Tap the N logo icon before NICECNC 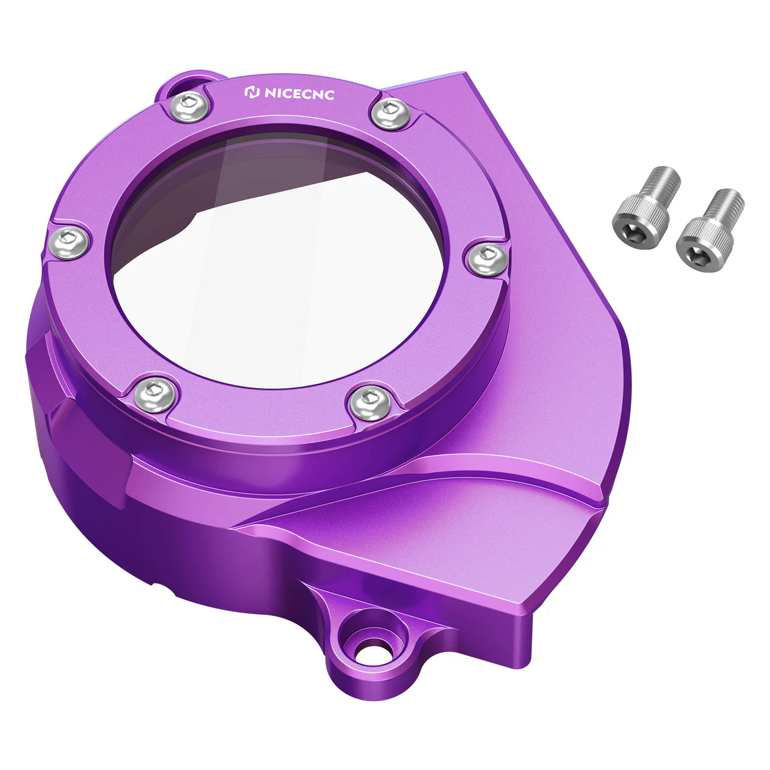tap(252, 92)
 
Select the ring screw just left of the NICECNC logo tap(188, 107)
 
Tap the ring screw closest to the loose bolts tap(487, 258)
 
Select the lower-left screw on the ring tap(155, 394)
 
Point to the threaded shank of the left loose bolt tap(664, 181)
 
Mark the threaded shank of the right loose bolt tap(727, 204)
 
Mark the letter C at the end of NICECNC tap(329, 95)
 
